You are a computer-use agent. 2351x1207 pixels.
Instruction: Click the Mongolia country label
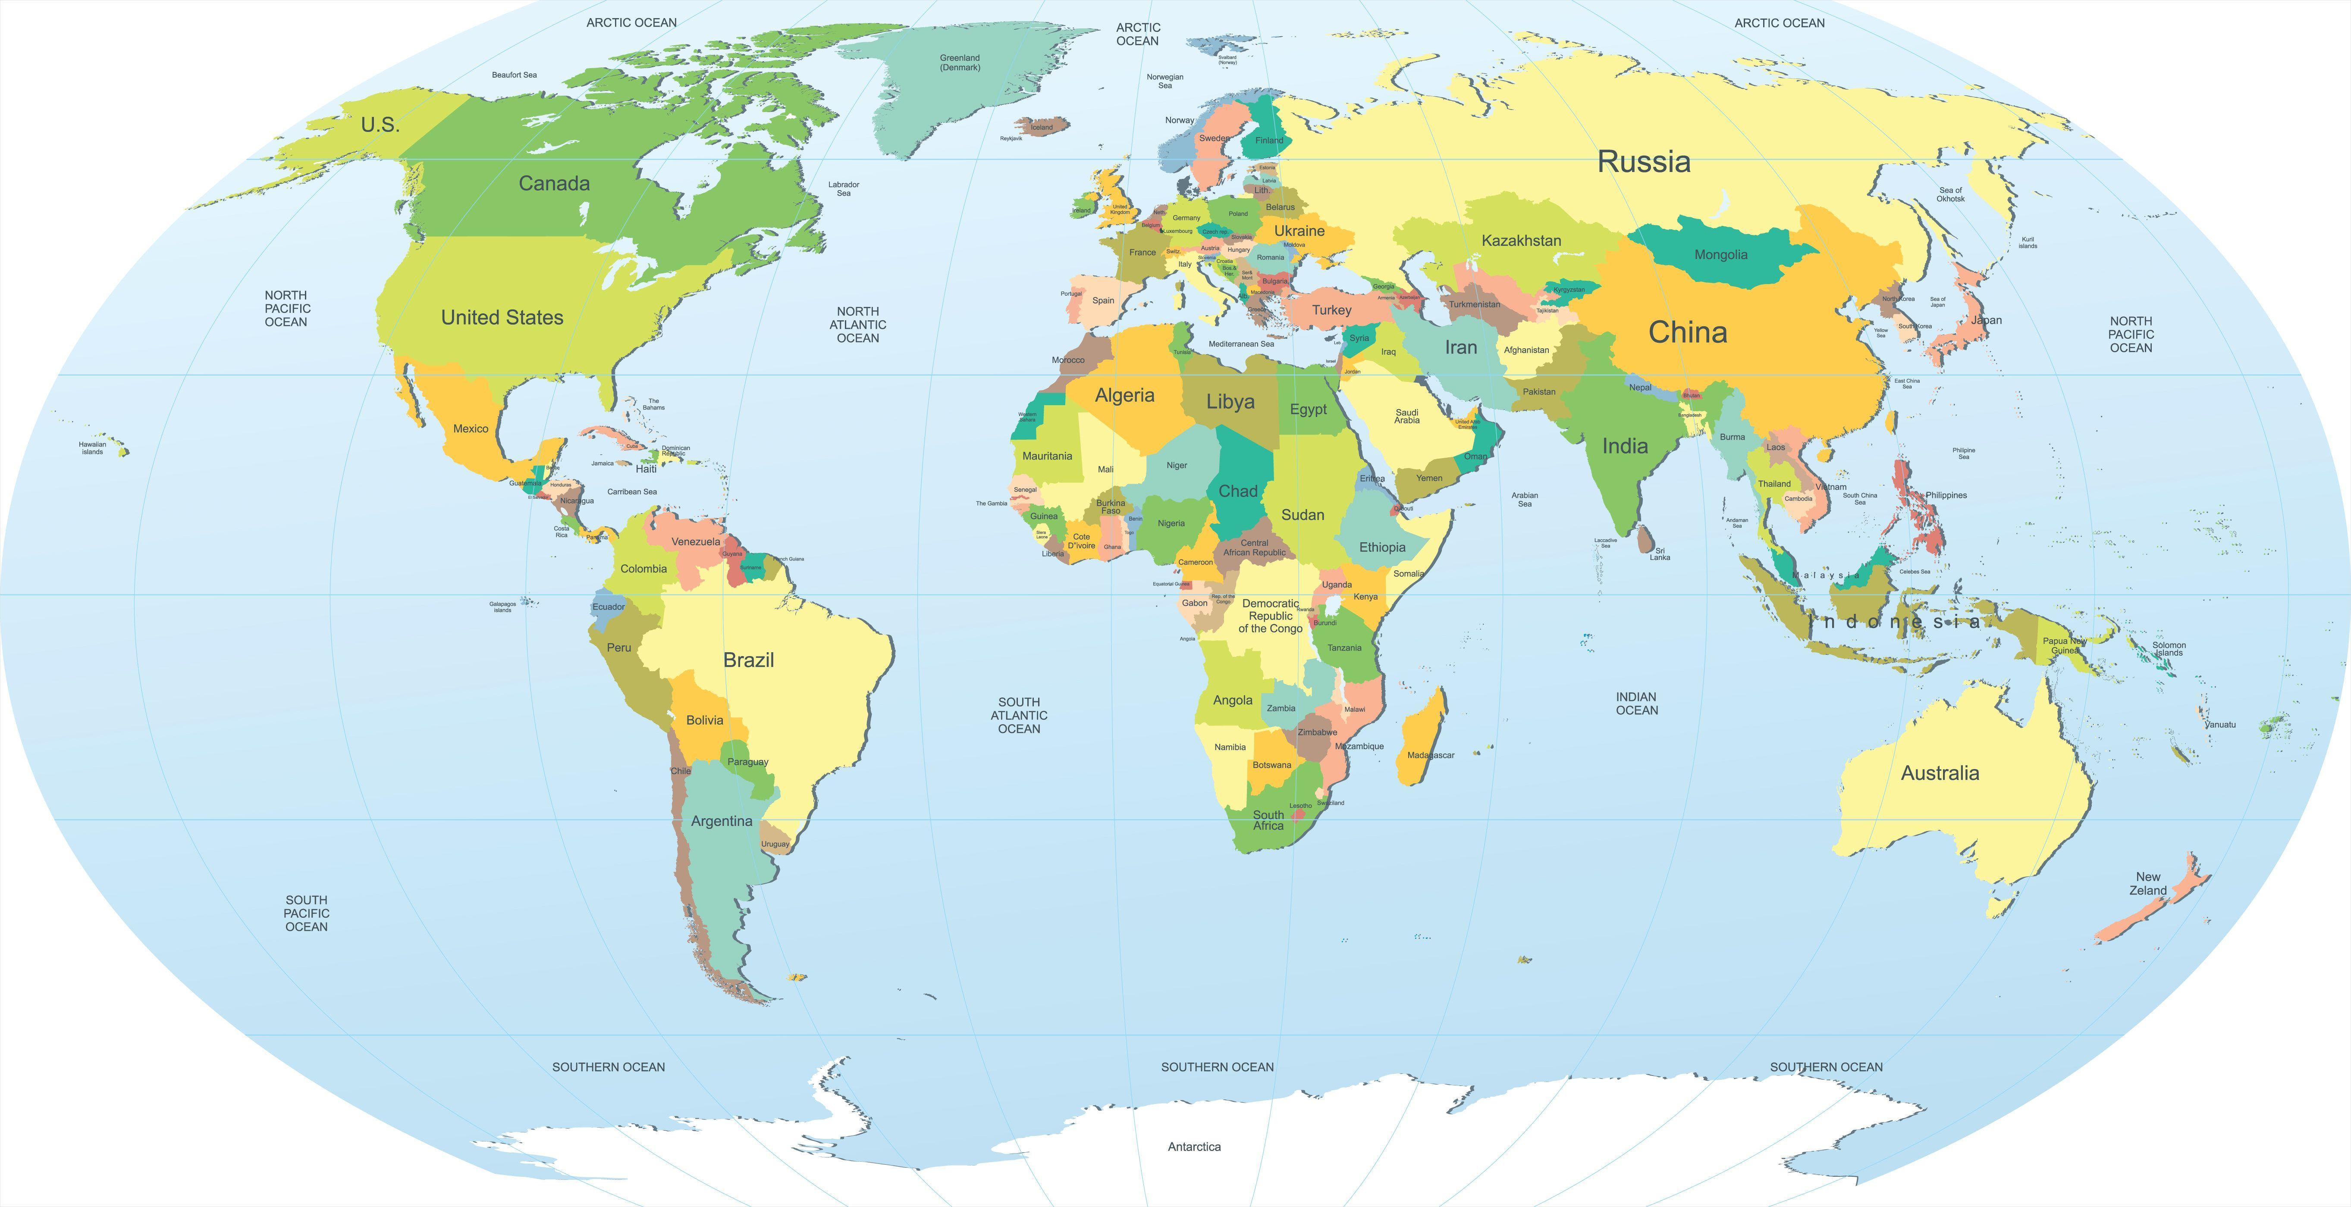pyautogui.click(x=1720, y=254)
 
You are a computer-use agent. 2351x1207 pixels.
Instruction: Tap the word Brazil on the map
pyautogui.click(x=748, y=660)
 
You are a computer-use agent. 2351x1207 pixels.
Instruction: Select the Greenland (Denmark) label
pyautogui.click(x=960, y=62)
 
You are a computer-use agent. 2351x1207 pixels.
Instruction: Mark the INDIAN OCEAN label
pyautogui.click(x=1636, y=704)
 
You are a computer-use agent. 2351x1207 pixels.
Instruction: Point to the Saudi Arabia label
pyautogui.click(x=1406, y=416)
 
